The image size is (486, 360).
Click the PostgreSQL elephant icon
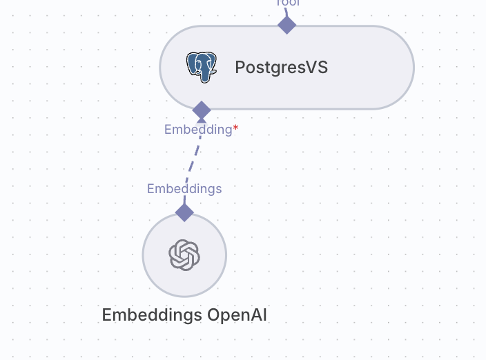(x=201, y=67)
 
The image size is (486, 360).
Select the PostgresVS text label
(x=281, y=68)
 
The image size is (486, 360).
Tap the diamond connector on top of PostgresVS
(x=286, y=25)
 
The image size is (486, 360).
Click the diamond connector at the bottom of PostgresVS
(x=202, y=110)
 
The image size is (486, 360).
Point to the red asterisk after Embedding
(x=235, y=128)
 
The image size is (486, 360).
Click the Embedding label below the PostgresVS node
(x=198, y=130)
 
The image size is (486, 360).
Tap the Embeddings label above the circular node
(x=184, y=189)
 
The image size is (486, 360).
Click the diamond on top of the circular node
(x=184, y=212)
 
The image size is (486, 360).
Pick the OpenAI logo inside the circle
(x=184, y=255)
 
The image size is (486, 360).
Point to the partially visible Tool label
(x=287, y=3)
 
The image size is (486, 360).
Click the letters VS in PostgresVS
(x=317, y=68)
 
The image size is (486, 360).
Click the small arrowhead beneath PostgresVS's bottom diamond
(x=202, y=120)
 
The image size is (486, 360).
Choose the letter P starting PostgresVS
(x=240, y=68)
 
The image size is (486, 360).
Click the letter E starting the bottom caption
(x=107, y=316)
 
